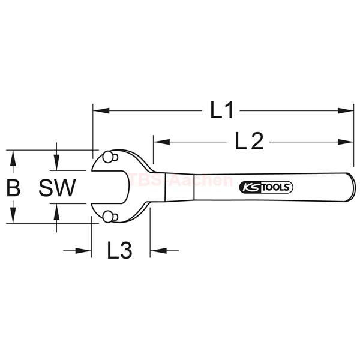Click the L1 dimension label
pyautogui.click(x=222, y=110)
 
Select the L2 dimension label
pyautogui.click(x=249, y=142)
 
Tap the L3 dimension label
pyautogui.click(x=119, y=250)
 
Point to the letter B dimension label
pyautogui.click(x=13, y=188)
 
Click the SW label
pyautogui.click(x=57, y=188)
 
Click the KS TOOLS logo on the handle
pyautogui.click(x=266, y=187)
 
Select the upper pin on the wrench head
pyautogui.click(x=110, y=157)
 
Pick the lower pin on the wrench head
pyautogui.click(x=110, y=217)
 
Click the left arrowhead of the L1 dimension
pyautogui.click(x=101, y=110)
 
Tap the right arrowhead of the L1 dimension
pyautogui.click(x=346, y=110)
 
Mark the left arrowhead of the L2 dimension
pyautogui.click(x=161, y=142)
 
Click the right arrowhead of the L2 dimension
pyautogui.click(x=346, y=142)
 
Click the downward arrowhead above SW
pyautogui.click(x=56, y=163)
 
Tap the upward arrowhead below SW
pyautogui.click(x=56, y=211)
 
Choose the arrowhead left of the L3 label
pyautogui.click(x=83, y=250)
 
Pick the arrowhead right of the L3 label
pyautogui.click(x=158, y=250)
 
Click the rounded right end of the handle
pyautogui.click(x=353, y=187)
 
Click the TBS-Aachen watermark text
pyautogui.click(x=181, y=180)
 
